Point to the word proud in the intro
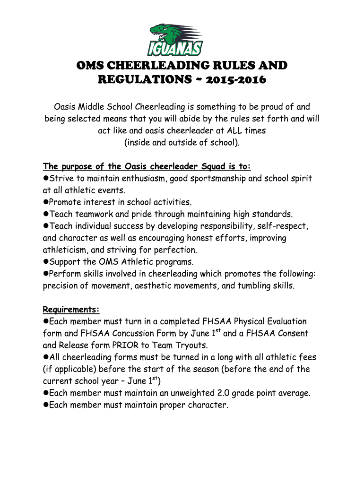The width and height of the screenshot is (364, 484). point(271,107)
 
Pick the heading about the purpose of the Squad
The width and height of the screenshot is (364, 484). point(147,166)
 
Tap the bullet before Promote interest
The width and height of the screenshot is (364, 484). point(46,202)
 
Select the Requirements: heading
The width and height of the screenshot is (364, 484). point(71,310)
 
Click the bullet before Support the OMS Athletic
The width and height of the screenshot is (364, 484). point(46,262)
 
